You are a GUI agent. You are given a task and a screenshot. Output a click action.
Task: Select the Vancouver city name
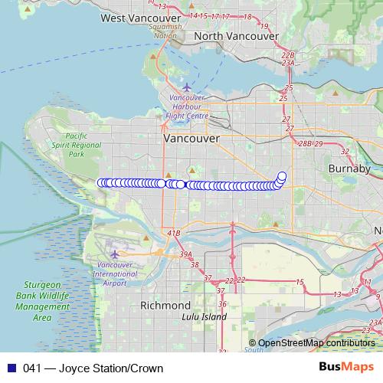pyautogui.click(x=191, y=139)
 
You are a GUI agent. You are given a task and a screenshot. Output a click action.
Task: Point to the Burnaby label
pyautogui.click(x=349, y=168)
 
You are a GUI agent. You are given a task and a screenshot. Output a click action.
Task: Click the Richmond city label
pyautogui.click(x=165, y=305)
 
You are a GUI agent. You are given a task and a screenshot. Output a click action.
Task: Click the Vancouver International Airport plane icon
pyautogui.click(x=115, y=254)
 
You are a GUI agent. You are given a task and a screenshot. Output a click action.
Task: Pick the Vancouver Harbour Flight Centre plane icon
pyautogui.click(x=186, y=87)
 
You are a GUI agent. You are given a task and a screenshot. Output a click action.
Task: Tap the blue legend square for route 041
pyautogui.click(x=10, y=368)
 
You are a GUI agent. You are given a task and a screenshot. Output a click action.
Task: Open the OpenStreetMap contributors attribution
pyautogui.click(x=316, y=343)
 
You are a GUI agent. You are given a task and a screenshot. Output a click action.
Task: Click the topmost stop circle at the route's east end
pyautogui.click(x=282, y=175)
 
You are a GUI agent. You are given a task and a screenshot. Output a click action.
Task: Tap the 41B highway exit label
pyautogui.click(x=174, y=232)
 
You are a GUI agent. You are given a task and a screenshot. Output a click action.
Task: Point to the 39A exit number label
pyautogui.click(x=186, y=254)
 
